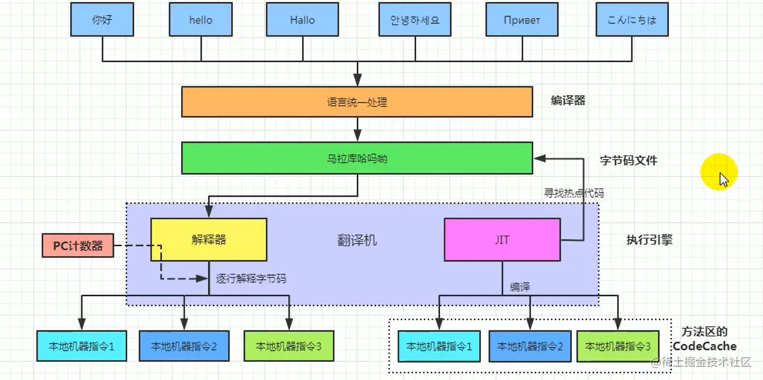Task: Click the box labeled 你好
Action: tap(102, 19)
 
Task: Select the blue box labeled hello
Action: tap(200, 19)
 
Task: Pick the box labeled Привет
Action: tap(522, 19)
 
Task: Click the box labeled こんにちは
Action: tap(631, 19)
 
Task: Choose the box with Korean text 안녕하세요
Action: tap(410, 19)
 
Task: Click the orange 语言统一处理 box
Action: tap(356, 102)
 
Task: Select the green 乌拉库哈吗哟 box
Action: tap(356, 158)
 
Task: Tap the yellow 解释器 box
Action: tap(209, 239)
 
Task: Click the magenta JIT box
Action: tap(502, 239)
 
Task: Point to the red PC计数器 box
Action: tap(78, 246)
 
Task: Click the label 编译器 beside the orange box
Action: tap(568, 100)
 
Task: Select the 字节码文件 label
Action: tap(628, 160)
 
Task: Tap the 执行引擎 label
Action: tap(649, 239)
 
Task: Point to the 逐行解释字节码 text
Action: tap(251, 279)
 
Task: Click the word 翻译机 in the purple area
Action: tap(357, 240)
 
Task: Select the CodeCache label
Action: tap(705, 346)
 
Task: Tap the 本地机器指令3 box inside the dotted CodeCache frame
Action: tap(616, 346)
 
